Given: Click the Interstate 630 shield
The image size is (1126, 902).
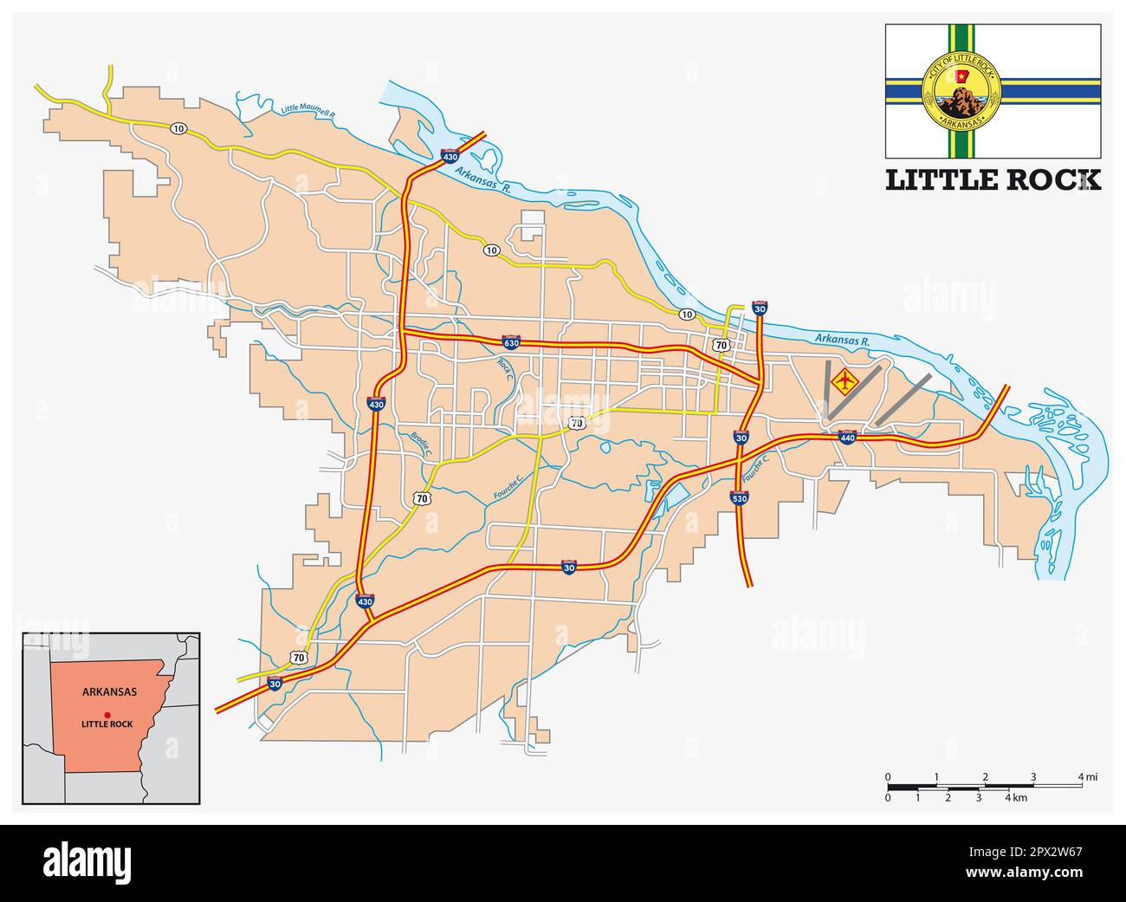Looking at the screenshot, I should click(x=511, y=342).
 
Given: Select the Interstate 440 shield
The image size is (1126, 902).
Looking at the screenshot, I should click(x=847, y=438).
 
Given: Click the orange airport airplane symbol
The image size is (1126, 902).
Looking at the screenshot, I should click(x=843, y=380).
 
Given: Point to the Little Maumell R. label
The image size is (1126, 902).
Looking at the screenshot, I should click(x=307, y=111).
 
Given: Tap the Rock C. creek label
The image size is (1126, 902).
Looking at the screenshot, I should click(x=505, y=370).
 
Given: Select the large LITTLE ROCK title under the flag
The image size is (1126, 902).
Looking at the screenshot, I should click(x=993, y=179).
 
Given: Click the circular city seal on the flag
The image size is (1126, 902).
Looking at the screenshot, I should click(x=962, y=88).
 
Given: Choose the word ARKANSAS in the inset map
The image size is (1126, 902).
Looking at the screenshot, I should click(x=108, y=692).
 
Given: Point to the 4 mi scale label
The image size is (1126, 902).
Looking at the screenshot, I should click(x=1087, y=777).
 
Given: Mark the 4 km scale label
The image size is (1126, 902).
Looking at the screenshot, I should click(x=1015, y=797).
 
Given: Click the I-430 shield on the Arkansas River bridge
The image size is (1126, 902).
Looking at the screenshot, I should click(x=450, y=157).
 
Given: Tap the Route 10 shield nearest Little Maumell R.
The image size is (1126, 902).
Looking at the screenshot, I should click(x=178, y=128).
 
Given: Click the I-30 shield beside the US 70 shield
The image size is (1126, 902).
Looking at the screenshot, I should click(x=275, y=684).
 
